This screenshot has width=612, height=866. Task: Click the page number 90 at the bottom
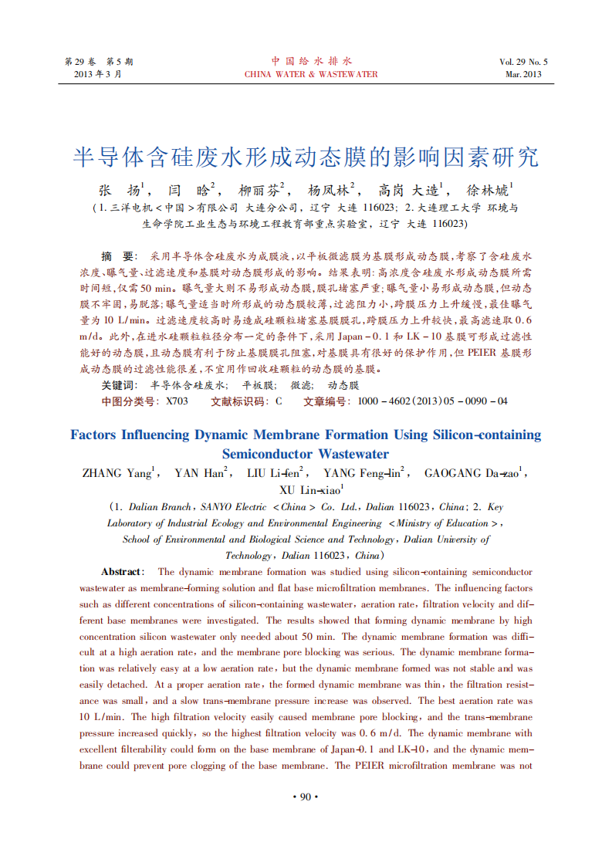(306, 797)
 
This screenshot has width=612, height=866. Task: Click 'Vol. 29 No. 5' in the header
(523, 62)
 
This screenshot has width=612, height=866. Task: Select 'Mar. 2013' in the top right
(523, 75)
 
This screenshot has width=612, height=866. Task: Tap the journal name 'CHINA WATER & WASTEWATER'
(311, 75)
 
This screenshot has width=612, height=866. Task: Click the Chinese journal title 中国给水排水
(311, 61)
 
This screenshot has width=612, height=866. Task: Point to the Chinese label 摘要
(119, 255)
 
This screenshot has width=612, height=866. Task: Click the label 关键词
(120, 384)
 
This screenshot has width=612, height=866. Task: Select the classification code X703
(177, 401)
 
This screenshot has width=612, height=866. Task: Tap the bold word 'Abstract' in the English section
(122, 572)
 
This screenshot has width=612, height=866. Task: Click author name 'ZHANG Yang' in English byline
(117, 473)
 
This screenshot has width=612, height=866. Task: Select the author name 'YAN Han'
(199, 473)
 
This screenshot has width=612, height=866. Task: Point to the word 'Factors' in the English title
(93, 435)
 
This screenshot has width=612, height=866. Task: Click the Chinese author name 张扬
(119, 189)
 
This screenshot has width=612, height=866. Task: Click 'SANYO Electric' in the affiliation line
(233, 507)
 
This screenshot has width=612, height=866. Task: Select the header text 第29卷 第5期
(98, 62)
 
